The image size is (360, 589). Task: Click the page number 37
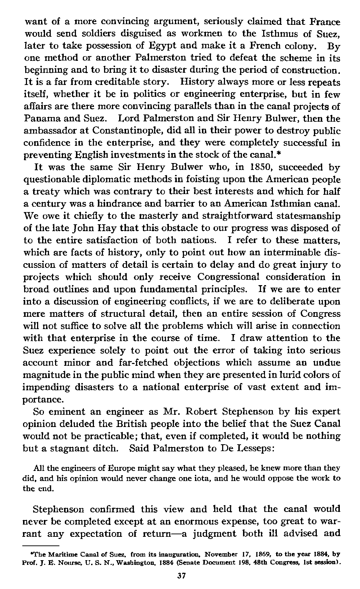(181, 576)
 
